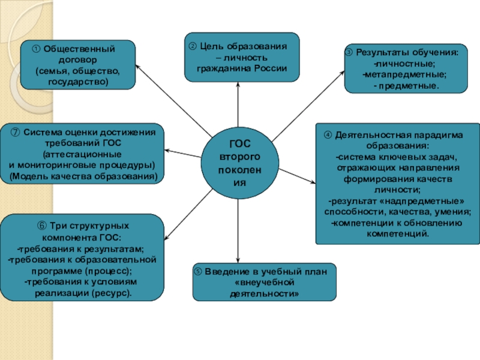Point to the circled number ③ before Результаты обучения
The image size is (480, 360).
point(349,52)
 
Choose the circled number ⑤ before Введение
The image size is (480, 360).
point(199,272)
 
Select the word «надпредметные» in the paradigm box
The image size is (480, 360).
point(430,200)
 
